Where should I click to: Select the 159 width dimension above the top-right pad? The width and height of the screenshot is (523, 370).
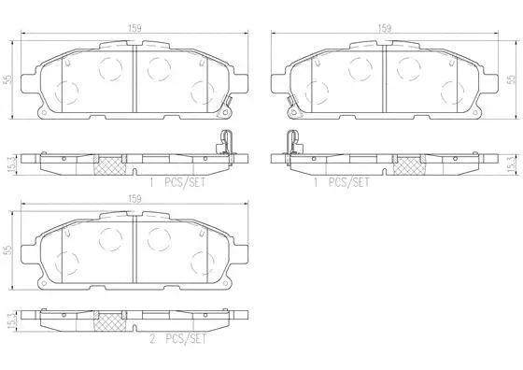[x=384, y=28]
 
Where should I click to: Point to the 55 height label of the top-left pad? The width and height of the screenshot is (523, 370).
[x=8, y=80]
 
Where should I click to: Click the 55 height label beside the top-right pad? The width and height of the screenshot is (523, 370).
[x=510, y=80]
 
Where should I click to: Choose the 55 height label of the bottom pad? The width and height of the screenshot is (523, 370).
[x=8, y=250]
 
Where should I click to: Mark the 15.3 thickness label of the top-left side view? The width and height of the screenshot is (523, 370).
[x=10, y=163]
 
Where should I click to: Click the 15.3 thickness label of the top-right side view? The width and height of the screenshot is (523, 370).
[x=510, y=163]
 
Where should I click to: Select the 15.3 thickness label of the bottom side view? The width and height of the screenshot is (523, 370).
[x=10, y=320]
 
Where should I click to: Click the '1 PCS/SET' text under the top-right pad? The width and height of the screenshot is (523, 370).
[x=341, y=182]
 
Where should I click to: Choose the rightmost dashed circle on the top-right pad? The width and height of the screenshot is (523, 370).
[x=446, y=92]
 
